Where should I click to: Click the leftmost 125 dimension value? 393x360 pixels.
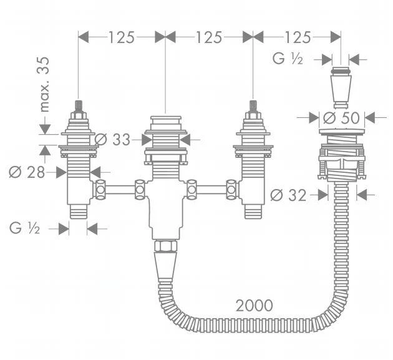[x=122, y=37]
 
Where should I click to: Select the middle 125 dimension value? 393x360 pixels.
[x=209, y=37]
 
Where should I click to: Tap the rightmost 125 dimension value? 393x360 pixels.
[x=296, y=37]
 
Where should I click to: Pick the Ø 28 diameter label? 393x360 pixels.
[x=26, y=172]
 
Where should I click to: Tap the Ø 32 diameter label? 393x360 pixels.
[x=289, y=195]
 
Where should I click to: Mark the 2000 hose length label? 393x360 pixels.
[x=254, y=305]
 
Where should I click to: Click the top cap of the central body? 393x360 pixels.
[x=165, y=121]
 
